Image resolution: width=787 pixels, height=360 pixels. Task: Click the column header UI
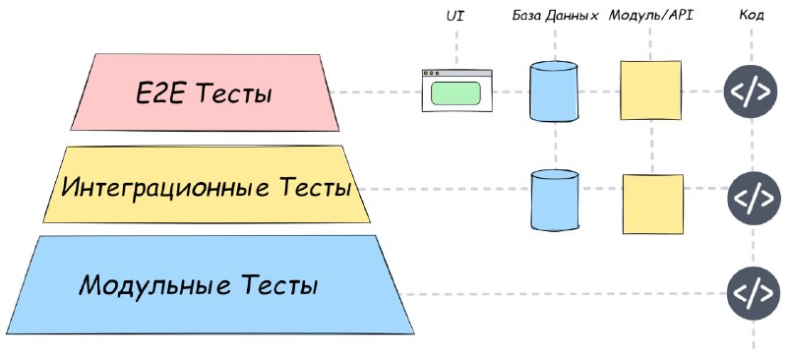[455, 16]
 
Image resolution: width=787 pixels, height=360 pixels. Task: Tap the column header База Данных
[556, 16]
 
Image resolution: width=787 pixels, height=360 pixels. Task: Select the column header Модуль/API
[651, 16]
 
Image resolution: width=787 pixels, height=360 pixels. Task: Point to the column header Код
[752, 16]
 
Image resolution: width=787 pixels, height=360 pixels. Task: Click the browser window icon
[456, 90]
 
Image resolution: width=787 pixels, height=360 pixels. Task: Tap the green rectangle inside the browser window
[455, 93]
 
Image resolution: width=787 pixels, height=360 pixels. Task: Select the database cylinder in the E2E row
[554, 91]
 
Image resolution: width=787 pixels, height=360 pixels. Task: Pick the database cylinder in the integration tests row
[555, 200]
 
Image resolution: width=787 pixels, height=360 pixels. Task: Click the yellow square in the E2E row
[650, 90]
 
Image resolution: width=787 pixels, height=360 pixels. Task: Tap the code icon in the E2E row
[751, 91]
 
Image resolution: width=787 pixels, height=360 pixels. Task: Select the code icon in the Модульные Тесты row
[754, 294]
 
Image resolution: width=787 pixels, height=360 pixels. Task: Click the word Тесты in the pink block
[233, 93]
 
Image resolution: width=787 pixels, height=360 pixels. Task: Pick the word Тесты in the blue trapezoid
[279, 285]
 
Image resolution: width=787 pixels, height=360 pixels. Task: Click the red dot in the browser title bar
[427, 74]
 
